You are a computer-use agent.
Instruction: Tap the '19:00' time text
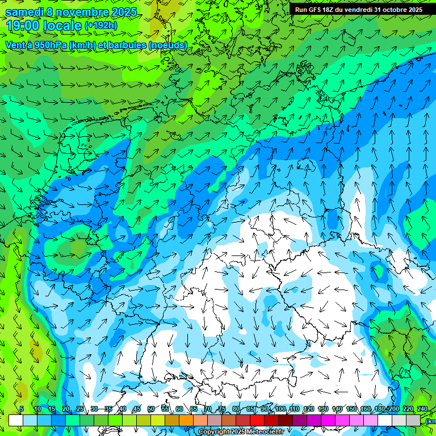click(x=24, y=26)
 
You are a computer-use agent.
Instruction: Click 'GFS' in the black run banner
click(x=316, y=10)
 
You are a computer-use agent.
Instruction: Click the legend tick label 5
click(x=22, y=409)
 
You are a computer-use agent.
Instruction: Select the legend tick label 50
click(x=150, y=409)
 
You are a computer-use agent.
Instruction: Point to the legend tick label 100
click(x=280, y=409)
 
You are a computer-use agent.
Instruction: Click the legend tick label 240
click(x=422, y=409)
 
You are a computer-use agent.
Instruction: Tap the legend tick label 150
click(x=351, y=409)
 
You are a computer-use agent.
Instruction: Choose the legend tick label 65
click(x=194, y=409)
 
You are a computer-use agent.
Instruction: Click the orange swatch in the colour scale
click(x=186, y=420)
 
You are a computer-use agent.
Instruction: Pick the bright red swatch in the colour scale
click(x=257, y=420)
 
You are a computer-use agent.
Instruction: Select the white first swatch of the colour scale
click(x=15, y=420)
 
